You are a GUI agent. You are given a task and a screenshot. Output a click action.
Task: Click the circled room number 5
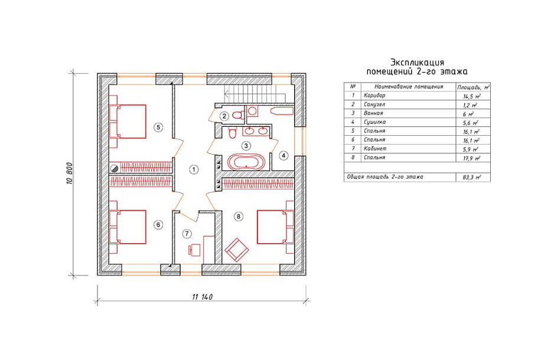158,127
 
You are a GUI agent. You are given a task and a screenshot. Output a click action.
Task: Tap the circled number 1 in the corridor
193,169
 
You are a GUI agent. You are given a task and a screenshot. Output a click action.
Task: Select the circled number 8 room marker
239,217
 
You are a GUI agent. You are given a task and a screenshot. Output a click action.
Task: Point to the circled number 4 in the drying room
283,155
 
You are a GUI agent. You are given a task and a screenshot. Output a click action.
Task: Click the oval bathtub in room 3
246,162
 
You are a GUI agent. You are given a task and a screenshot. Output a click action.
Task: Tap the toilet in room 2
239,115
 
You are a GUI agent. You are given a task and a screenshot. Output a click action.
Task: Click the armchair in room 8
237,250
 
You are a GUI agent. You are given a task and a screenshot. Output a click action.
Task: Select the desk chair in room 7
194,250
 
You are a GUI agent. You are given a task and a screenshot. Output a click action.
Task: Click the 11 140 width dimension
202,297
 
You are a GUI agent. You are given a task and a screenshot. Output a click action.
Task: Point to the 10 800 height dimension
69,174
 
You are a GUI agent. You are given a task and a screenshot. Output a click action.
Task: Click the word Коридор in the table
374,95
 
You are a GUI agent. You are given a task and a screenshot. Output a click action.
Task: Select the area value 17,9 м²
471,159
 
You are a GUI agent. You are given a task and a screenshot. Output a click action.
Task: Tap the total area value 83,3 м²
471,177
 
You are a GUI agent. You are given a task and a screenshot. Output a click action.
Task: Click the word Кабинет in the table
375,149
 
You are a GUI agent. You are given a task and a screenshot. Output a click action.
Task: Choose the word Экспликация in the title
417,63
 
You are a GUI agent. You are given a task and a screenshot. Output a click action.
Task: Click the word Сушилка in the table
374,122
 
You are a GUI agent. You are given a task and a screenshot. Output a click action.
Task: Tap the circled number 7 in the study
187,234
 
